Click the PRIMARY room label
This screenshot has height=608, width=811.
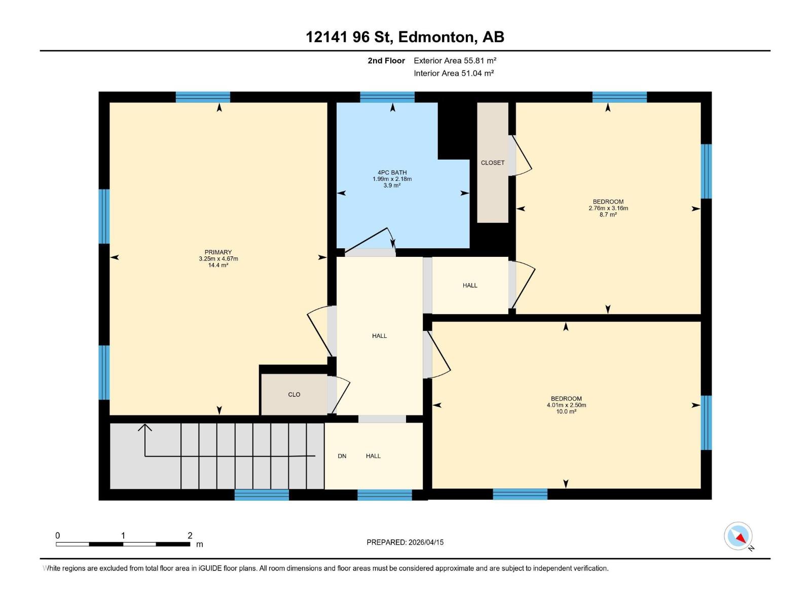[218, 252]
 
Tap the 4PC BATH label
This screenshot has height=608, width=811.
[392, 173]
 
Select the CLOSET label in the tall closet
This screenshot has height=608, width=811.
[493, 163]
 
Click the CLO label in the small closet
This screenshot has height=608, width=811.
[294, 395]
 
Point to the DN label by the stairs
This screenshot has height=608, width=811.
[342, 456]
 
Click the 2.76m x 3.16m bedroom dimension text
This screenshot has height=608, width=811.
[608, 208]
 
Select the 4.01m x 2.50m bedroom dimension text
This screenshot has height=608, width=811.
[566, 405]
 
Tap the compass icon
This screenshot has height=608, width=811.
[738, 536]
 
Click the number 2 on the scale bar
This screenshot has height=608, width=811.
[190, 536]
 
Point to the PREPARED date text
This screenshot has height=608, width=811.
[405, 542]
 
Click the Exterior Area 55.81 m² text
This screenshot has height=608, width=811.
[455, 61]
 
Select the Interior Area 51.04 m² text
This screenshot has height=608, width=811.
[454, 73]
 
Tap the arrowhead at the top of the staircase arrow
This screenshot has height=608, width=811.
[145, 427]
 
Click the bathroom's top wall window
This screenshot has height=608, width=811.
[387, 97]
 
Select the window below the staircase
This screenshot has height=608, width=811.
[262, 495]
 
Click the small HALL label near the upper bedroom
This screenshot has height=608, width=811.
[470, 286]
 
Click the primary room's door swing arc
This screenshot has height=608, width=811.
[317, 329]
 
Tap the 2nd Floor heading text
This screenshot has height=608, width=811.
[386, 61]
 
